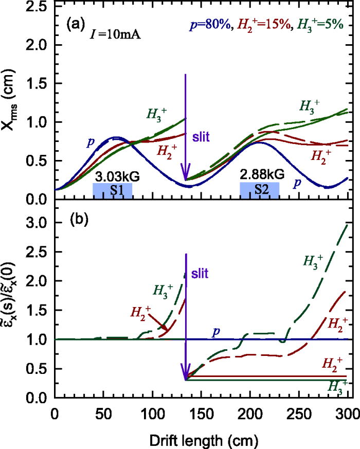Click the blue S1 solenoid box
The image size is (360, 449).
(112, 189)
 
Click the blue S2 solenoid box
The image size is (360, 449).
(260, 189)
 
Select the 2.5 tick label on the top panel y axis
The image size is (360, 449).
(38, 7)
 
